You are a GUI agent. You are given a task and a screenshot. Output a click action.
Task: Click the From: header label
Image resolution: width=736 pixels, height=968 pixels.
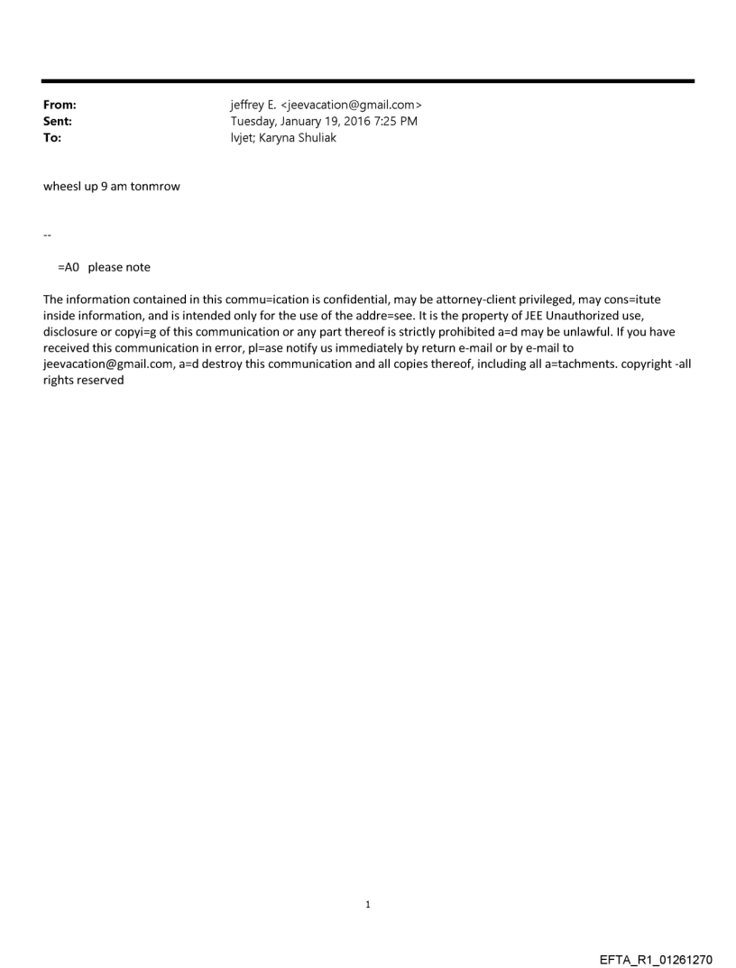click(x=60, y=106)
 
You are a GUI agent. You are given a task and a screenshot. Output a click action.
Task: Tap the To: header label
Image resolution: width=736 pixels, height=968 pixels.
click(x=52, y=138)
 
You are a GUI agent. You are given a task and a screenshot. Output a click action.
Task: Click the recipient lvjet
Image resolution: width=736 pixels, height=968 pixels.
click(x=243, y=138)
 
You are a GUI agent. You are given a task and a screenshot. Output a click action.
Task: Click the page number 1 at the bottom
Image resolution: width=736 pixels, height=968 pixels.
click(x=368, y=903)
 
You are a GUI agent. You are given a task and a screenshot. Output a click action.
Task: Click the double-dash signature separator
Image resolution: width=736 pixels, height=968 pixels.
click(x=47, y=235)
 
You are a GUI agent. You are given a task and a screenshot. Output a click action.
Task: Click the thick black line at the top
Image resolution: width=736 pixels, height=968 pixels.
click(x=368, y=81)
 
